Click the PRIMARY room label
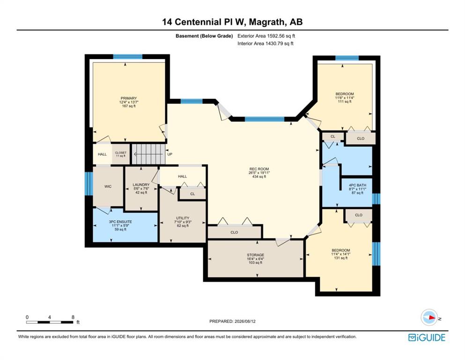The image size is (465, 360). pyautogui.click(x=129, y=98)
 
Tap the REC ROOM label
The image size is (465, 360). pyautogui.click(x=259, y=169)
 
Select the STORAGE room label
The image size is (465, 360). pyautogui.click(x=256, y=255)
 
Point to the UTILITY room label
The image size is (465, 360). pyautogui.click(x=183, y=218)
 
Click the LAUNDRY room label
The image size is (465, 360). pyautogui.click(x=141, y=185)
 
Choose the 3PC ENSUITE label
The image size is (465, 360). pyautogui.click(x=120, y=222)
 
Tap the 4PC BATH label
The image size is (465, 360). pyautogui.click(x=358, y=185)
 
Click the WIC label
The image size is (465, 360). pyautogui.click(x=108, y=187)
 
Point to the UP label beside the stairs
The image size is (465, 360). pyautogui.click(x=170, y=154)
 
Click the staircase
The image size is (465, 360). pyautogui.click(x=148, y=154)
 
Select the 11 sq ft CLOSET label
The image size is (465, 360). pyautogui.click(x=121, y=154)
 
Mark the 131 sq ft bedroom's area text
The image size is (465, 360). pyautogui.click(x=341, y=258)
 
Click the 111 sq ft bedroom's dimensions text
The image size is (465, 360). pyautogui.click(x=345, y=97)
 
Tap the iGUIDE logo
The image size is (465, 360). pyautogui.click(x=427, y=338)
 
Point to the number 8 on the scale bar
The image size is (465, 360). pyautogui.click(x=73, y=317)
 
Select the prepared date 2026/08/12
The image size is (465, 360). pyautogui.click(x=245, y=321)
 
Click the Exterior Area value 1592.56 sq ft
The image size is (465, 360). pyautogui.click(x=281, y=36)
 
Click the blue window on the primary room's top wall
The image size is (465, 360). pyautogui.click(x=127, y=57)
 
